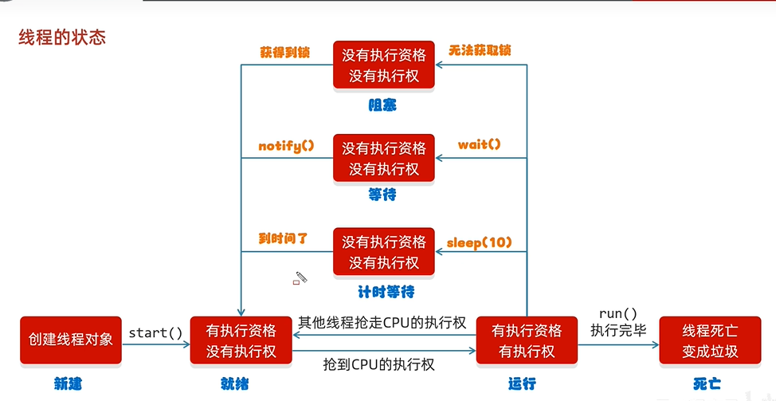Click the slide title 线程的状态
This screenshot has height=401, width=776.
click(x=62, y=37)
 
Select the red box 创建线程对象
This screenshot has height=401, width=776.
click(x=71, y=340)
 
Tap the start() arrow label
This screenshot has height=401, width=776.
click(x=155, y=332)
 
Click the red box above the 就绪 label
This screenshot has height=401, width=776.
click(x=241, y=340)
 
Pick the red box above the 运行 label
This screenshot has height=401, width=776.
click(x=527, y=340)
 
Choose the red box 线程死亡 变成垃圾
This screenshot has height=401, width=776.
click(x=710, y=340)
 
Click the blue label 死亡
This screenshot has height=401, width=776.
click(x=707, y=384)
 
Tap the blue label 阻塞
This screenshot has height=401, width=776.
click(x=382, y=104)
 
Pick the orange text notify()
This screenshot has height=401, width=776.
click(x=287, y=145)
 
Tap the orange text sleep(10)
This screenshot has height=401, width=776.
click(x=478, y=242)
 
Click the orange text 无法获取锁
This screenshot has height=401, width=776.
click(x=480, y=50)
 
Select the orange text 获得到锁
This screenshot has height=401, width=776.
click(x=284, y=53)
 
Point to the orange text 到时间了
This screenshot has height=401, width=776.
click(x=283, y=238)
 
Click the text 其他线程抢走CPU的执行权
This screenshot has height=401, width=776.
click(x=382, y=323)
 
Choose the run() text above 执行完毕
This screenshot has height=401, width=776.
click(x=618, y=313)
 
